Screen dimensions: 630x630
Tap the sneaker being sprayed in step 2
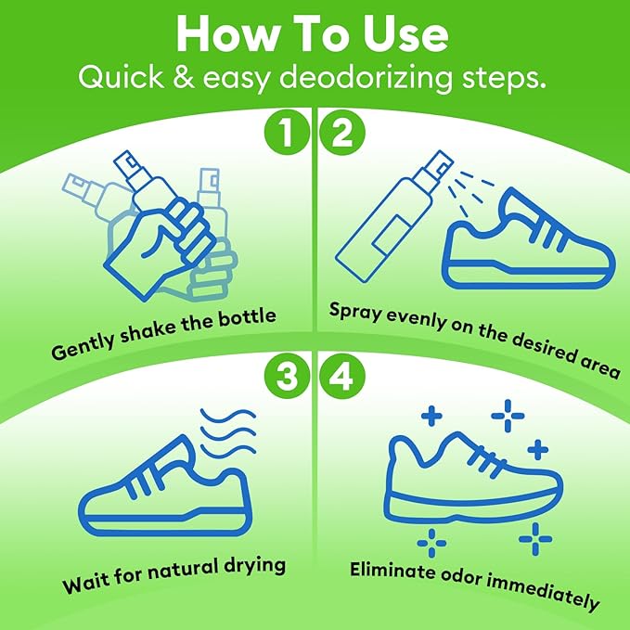(525, 245)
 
